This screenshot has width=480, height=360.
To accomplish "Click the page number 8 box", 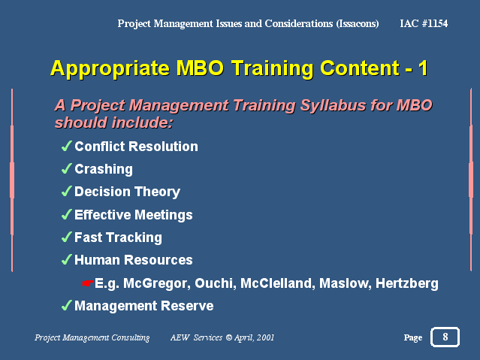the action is [x=445, y=337].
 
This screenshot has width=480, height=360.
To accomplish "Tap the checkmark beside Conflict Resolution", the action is [x=67, y=146].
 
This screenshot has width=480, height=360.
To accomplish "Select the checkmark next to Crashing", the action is [x=67, y=169].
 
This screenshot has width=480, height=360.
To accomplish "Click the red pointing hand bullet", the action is [x=88, y=283].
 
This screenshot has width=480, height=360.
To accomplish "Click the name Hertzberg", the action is [x=407, y=283].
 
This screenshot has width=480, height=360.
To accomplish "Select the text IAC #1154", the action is [x=424, y=23].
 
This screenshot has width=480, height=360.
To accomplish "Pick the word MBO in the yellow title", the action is [x=200, y=68].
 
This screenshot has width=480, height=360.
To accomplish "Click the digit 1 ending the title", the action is [x=423, y=68].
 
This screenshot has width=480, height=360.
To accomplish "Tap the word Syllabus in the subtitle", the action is [x=333, y=106].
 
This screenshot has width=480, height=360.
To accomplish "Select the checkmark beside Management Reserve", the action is [x=67, y=305].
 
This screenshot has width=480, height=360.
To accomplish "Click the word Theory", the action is [x=157, y=192].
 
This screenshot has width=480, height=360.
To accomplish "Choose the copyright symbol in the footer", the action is [x=229, y=337].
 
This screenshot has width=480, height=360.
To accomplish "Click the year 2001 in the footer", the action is [x=265, y=337].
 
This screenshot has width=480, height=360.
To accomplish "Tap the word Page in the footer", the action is [x=413, y=337].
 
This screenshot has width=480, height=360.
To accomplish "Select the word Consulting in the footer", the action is [x=131, y=337].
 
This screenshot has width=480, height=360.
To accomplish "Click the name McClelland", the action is [x=278, y=283].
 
